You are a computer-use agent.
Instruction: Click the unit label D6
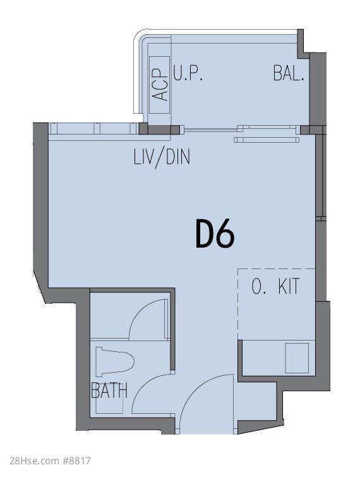tap(215, 234)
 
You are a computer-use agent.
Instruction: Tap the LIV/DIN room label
tap(162, 157)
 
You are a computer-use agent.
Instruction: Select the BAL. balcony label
tap(289, 73)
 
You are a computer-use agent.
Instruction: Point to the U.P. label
tap(188, 73)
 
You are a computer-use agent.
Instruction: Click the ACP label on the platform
tap(160, 85)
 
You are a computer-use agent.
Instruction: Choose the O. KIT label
tap(275, 286)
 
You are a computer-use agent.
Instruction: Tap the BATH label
tap(109, 390)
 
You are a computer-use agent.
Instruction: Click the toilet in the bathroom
tap(114, 361)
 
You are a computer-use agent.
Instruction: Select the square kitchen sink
tap(297, 358)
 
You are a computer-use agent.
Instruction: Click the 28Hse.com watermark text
tap(34, 461)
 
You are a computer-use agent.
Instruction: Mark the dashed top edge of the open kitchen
tap(277, 269)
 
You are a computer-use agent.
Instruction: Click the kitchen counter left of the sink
tap(263, 358)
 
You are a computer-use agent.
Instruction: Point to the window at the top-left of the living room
tap(93, 128)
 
